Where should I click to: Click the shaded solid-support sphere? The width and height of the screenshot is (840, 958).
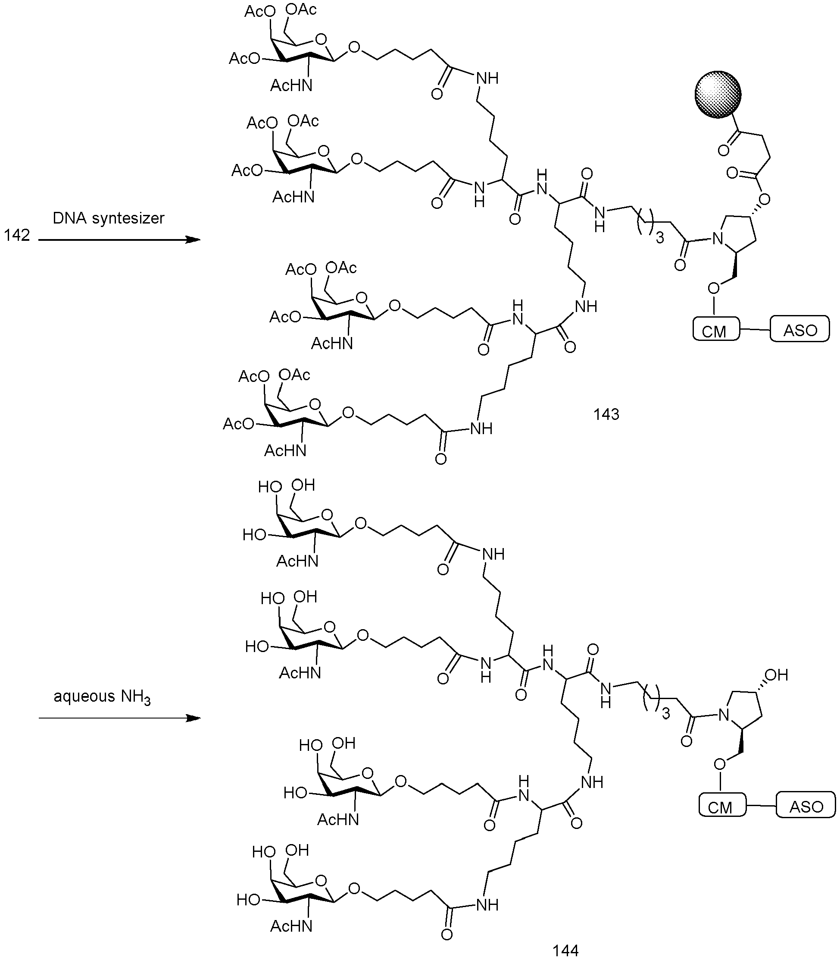(718, 94)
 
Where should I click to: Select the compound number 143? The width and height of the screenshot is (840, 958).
(606, 414)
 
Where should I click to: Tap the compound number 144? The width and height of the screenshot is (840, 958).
(565, 950)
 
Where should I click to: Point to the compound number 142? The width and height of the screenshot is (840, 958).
(17, 235)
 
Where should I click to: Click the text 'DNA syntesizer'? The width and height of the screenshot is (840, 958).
(109, 218)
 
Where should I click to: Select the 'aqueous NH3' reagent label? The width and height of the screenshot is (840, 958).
(102, 696)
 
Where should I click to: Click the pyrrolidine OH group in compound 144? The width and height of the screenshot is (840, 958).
(777, 675)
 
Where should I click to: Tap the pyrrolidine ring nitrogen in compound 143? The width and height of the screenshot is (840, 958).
(717, 239)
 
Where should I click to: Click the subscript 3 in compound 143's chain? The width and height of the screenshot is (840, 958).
(660, 239)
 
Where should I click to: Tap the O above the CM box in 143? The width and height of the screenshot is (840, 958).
(714, 288)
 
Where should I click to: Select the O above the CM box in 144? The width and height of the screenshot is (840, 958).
(720, 764)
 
